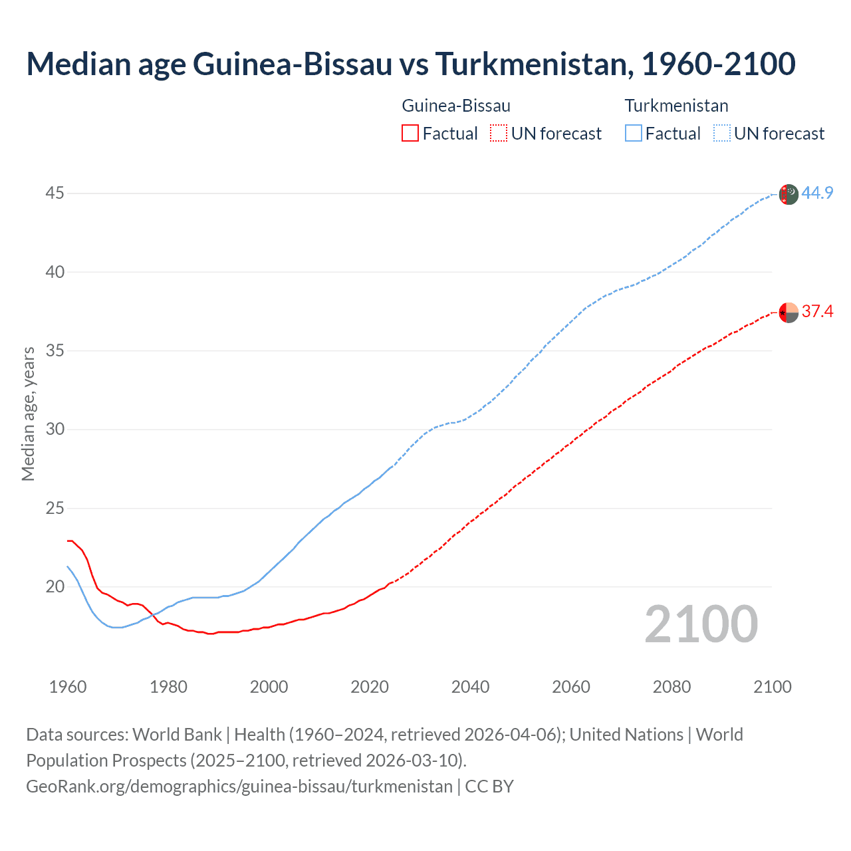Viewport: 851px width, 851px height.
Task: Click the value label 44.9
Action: [817, 193]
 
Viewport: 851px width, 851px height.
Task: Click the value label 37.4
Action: [817, 311]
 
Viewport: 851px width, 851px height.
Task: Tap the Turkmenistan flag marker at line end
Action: [788, 195]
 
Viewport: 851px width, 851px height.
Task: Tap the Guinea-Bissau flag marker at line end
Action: [788, 312]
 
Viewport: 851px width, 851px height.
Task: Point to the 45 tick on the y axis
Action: [55, 193]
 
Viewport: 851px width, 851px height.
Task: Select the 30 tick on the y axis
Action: [55, 429]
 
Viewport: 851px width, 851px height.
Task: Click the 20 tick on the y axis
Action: [55, 586]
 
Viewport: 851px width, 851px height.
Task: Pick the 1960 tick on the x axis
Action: [68, 687]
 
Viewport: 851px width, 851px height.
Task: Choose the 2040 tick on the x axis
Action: [470, 687]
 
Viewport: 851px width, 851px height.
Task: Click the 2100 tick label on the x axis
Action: [773, 687]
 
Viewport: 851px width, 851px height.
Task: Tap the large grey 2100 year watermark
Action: [701, 624]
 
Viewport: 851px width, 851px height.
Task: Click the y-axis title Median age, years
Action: [28, 414]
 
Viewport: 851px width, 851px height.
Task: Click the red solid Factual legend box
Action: [410, 134]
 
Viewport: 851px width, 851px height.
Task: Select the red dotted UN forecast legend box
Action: [499, 134]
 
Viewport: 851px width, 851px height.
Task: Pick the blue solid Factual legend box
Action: [634, 134]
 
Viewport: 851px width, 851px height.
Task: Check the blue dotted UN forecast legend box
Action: [721, 134]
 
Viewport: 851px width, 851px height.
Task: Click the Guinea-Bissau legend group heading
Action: [456, 106]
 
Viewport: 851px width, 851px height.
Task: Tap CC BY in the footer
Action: [489, 787]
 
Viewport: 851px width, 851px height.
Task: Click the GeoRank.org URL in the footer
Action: [239, 787]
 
